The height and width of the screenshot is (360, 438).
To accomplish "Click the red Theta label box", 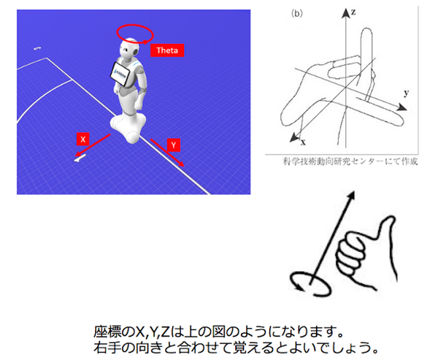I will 167,50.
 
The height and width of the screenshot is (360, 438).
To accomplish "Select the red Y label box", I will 173,145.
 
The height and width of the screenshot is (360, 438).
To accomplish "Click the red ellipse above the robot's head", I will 134,33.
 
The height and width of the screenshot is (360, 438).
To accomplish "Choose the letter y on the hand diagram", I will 406,93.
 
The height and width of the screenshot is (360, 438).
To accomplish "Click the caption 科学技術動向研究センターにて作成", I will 342,161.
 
